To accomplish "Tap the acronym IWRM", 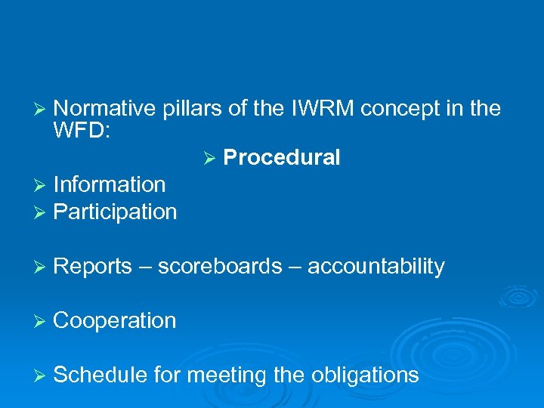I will [x=311, y=109].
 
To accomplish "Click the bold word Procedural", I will [x=282, y=158].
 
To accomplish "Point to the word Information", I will [x=110, y=184].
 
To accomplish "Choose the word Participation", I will [x=115, y=212].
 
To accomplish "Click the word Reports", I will [x=92, y=266].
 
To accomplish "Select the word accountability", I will [x=376, y=266].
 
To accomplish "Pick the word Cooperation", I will [x=115, y=320].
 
